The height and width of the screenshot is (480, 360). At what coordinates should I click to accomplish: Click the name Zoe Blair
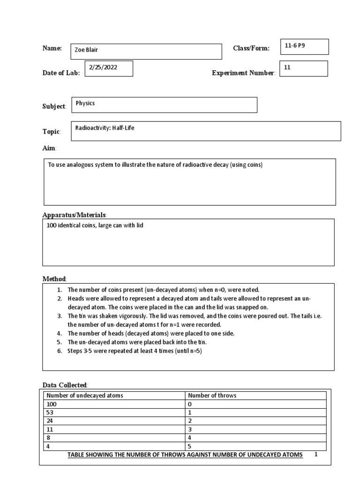point(87,50)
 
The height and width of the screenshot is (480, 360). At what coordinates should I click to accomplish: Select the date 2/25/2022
point(103,67)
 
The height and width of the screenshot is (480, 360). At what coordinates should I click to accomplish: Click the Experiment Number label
point(243,73)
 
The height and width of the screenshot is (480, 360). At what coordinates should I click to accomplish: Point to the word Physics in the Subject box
point(85,103)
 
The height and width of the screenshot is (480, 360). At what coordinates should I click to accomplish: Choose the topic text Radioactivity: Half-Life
point(105,127)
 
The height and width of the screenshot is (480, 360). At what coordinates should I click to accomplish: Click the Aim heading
point(49,148)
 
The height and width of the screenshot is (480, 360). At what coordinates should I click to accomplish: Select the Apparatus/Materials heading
point(75,215)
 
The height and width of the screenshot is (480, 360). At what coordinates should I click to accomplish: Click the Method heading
point(55,278)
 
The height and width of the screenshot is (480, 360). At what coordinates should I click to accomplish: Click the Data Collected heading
point(65,385)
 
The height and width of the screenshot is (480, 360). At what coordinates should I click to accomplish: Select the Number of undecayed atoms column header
point(85,395)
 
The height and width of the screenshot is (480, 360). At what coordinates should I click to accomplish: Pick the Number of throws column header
point(212,395)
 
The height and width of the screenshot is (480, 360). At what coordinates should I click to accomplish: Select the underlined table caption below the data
point(185,455)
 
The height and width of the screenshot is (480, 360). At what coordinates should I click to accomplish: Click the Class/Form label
point(251,49)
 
